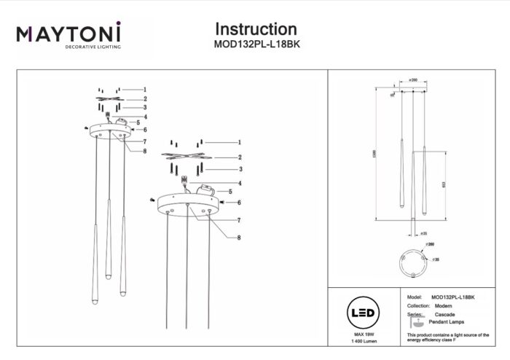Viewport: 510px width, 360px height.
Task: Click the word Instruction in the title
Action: [x=256, y=30]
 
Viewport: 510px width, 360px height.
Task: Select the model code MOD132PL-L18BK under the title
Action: [x=256, y=44]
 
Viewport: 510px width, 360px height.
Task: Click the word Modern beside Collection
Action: [x=444, y=306]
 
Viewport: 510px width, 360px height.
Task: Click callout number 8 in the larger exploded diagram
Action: [x=239, y=238]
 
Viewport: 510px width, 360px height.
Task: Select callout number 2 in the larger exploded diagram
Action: [x=239, y=157]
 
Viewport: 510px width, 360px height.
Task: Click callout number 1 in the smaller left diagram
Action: [x=145, y=89]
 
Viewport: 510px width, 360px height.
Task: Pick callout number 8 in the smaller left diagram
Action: [x=145, y=152]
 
